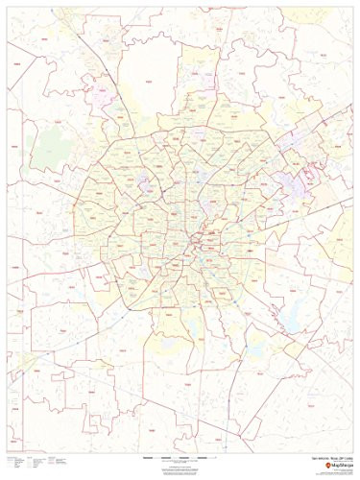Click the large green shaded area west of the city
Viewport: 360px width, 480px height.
[x=48, y=144]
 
